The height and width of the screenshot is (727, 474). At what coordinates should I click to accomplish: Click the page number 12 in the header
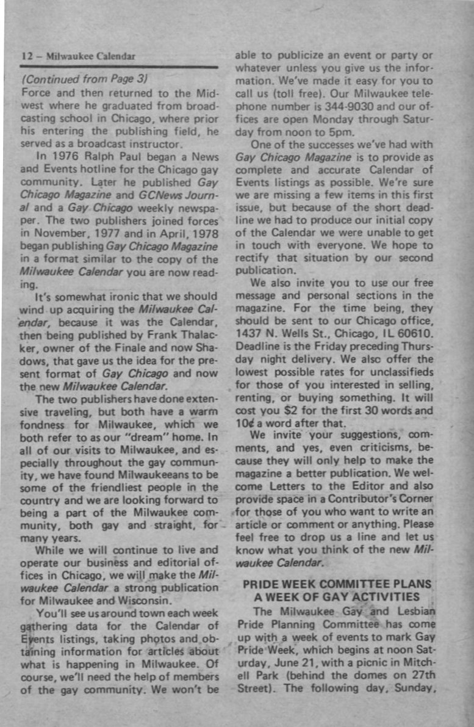tap(26, 56)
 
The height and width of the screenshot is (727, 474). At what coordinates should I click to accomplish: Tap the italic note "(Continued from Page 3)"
tap(85, 79)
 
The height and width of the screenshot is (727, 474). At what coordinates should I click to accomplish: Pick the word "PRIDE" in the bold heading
tap(261, 584)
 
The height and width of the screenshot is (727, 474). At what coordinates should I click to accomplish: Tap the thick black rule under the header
tap(118, 66)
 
